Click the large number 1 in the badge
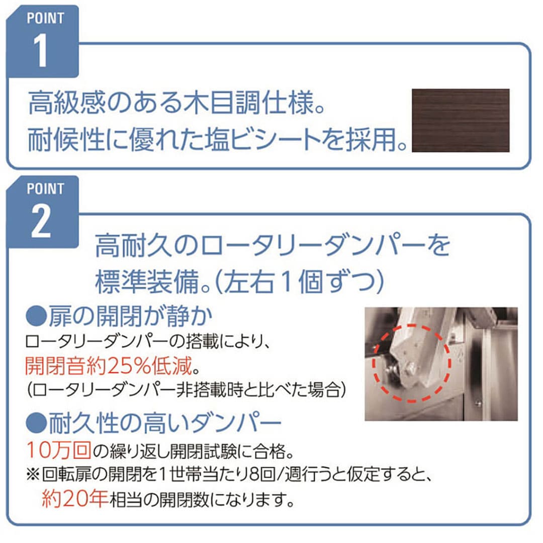41,51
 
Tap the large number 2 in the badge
41,221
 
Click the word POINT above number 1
45,18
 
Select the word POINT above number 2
45,189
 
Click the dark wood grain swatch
461,120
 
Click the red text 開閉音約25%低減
109,366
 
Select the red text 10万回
59,449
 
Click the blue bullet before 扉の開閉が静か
36,316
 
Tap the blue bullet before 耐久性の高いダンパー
36,423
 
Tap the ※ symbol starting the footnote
33,475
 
